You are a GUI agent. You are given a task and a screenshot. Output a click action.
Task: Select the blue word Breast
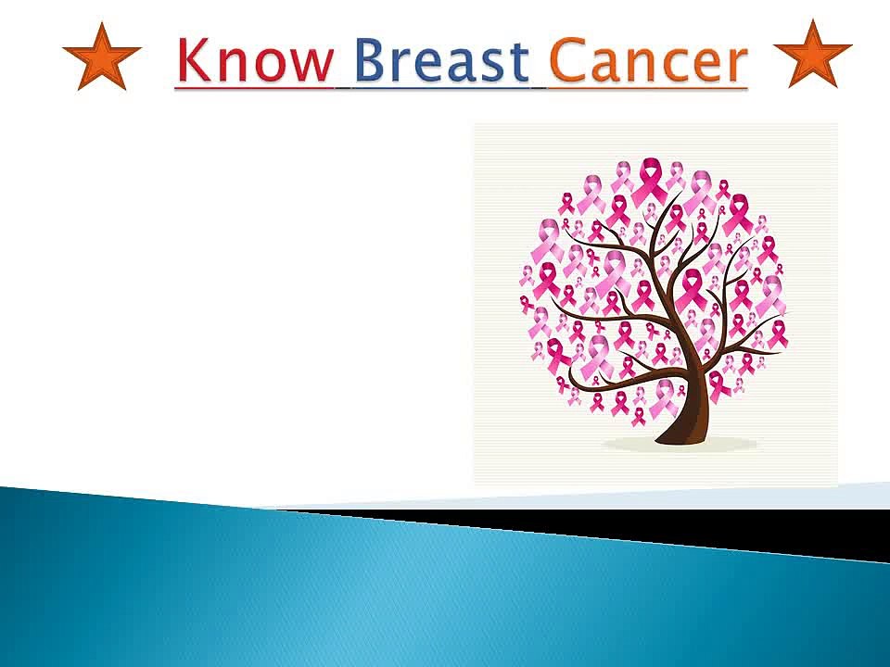(442, 59)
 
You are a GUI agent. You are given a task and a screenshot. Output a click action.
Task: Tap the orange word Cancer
(648, 59)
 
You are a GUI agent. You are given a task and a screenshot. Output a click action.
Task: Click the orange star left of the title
(102, 57)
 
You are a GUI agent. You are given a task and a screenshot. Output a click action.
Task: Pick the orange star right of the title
(813, 55)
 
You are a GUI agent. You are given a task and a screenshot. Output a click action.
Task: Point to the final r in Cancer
(735, 64)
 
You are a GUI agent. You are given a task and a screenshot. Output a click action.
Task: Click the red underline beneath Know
(254, 88)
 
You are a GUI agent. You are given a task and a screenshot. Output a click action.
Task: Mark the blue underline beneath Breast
(441, 89)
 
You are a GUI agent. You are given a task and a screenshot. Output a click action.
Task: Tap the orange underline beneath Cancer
(648, 89)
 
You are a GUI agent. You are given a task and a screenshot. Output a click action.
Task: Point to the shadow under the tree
(680, 444)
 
